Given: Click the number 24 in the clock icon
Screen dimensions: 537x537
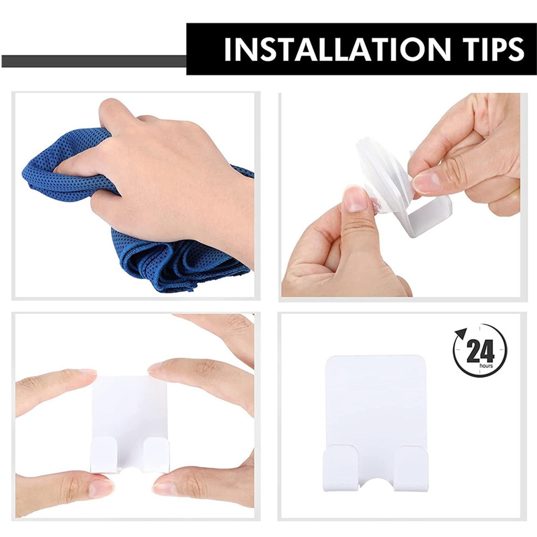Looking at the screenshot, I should tap(480, 351).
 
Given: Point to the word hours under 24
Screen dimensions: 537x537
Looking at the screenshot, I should tap(486, 365).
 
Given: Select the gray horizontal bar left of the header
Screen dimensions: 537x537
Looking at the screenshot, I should tap(94, 61).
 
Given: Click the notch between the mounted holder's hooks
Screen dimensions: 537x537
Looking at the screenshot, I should tap(376, 483).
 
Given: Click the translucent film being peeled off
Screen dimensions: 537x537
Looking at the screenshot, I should tap(379, 168).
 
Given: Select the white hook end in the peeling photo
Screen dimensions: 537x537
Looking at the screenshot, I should tap(430, 218).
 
